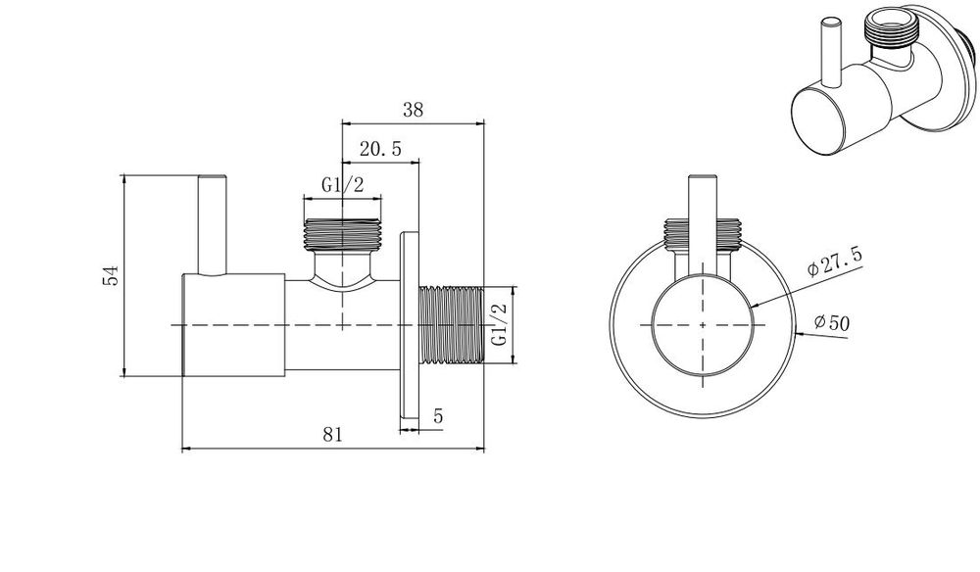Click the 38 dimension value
pos(414,110)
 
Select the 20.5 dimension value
pos(380,149)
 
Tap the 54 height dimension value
pos(111,275)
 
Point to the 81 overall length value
pos(332,434)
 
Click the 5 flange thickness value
pos(438,416)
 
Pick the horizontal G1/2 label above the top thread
pos(342,185)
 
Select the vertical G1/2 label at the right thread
pos(499,324)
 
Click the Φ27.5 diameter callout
pos(835,262)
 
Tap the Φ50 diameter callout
pos(832,322)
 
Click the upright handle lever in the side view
pos(212,225)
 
